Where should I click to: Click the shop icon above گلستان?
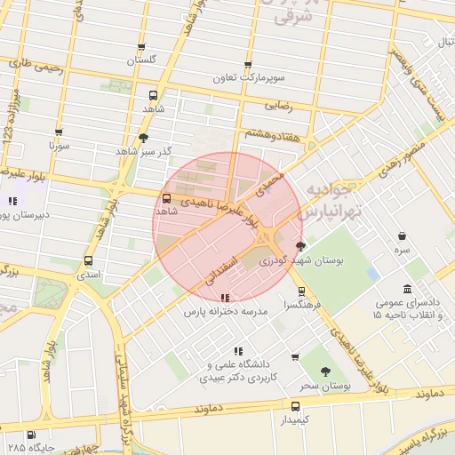[140, 47]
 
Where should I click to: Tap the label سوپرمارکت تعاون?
[248, 78]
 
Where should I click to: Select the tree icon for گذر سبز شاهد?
[143, 138]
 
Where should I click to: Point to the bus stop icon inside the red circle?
[167, 198]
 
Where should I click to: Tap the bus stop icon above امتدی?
[88, 261]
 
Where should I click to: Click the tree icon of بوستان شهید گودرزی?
[300, 246]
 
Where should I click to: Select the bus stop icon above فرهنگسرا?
[300, 291]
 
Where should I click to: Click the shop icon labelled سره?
[403, 236]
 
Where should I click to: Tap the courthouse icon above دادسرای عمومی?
[407, 289]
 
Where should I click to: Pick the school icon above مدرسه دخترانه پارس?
[225, 299]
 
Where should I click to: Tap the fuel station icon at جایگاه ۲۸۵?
[32, 435]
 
